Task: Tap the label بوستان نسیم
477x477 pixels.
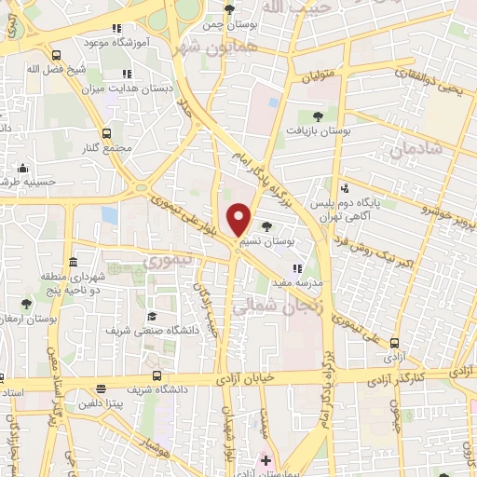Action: [x=265, y=241]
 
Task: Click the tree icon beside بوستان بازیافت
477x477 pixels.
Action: [x=319, y=117]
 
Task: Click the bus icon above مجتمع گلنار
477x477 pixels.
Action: [x=108, y=133]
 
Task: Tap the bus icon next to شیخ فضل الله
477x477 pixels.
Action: [x=57, y=54]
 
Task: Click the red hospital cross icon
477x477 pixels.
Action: [x=266, y=460]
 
